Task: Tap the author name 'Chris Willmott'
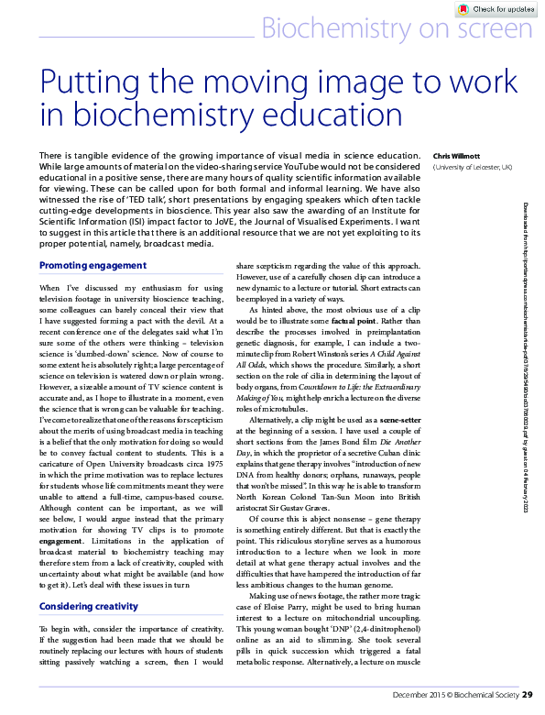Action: (x=455, y=156)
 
